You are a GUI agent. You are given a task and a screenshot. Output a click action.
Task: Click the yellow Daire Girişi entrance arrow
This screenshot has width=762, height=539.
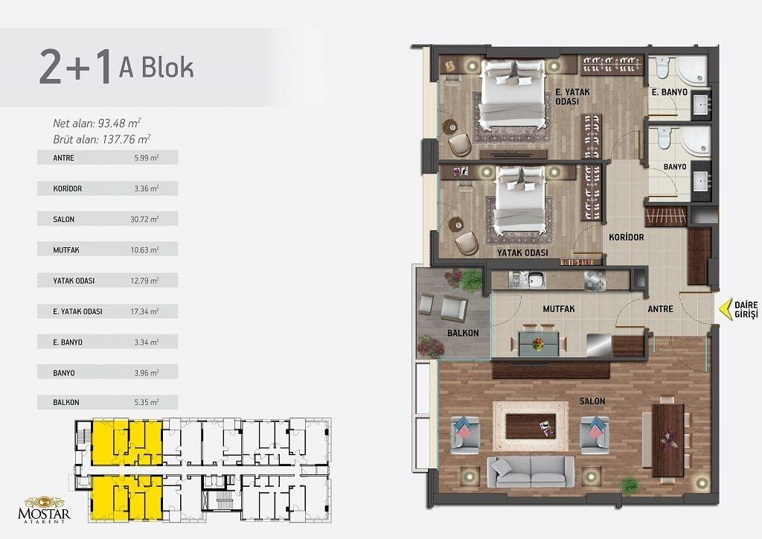726,310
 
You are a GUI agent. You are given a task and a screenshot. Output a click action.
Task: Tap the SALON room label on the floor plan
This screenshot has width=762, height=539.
592,401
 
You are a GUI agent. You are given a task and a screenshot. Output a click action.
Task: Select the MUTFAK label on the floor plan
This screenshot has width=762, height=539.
558,309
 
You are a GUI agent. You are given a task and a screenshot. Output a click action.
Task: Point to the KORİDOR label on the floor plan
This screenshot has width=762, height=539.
627,237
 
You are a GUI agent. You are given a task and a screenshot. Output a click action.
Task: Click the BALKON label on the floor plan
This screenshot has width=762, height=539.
463,333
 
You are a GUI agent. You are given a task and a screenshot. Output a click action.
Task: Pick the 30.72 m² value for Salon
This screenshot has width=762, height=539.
144,219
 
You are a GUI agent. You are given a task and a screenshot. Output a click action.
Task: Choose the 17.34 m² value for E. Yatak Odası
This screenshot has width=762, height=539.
144,311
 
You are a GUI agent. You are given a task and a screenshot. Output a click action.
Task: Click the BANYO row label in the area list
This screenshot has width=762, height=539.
64,373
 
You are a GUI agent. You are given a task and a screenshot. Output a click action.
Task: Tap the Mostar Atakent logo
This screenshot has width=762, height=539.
44,510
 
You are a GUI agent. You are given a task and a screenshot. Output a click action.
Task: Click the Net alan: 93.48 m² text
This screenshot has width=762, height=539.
97,123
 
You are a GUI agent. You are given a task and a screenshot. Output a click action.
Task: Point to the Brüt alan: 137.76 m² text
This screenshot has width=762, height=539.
101,139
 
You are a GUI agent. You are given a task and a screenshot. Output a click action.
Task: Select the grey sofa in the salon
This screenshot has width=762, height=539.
531,471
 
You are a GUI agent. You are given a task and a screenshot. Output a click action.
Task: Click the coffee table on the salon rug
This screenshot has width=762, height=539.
531,426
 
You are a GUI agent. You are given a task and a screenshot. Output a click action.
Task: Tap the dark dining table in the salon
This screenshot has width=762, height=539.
667,440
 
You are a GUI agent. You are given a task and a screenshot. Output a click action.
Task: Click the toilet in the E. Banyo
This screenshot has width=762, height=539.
663,67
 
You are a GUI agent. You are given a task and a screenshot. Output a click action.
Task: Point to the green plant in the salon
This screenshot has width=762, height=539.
630,485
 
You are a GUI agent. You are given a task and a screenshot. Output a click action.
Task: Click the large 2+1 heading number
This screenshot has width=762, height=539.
76,66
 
